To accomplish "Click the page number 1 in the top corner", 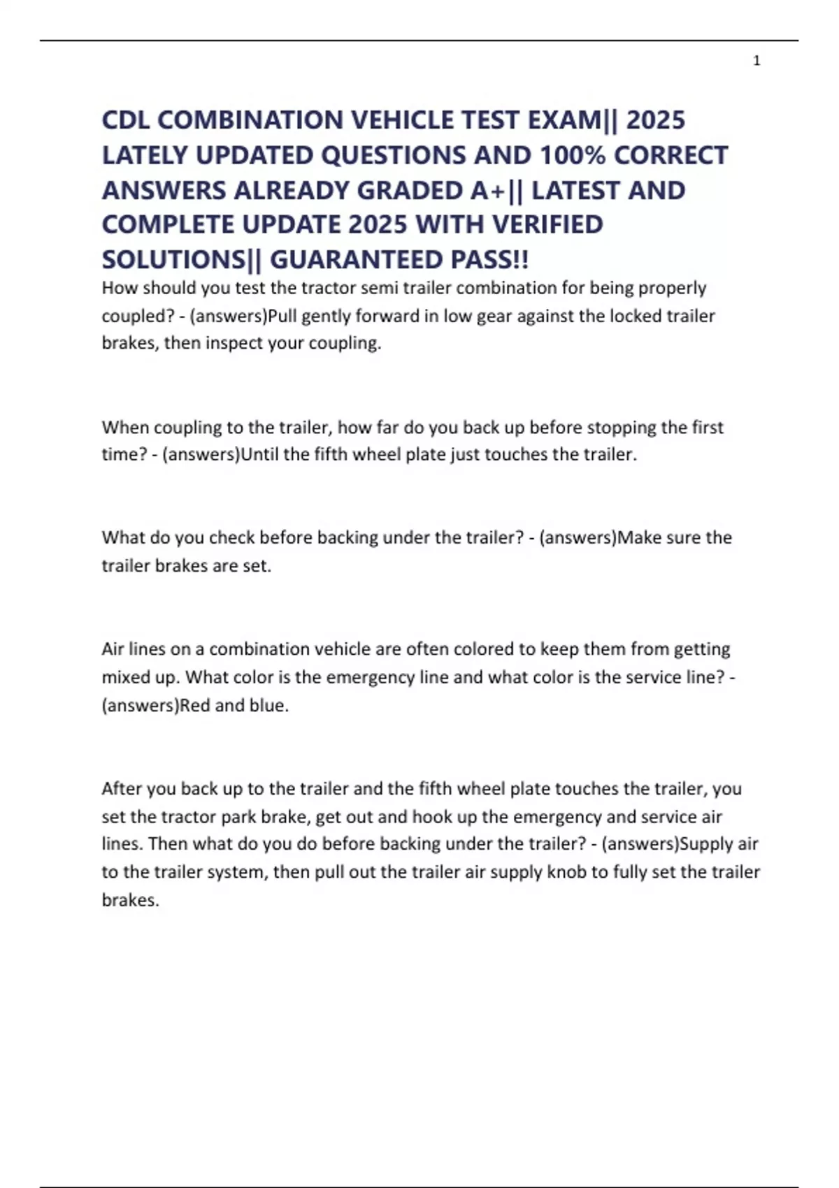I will click(756, 61).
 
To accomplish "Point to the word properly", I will click(674, 288).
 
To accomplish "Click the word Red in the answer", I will click(195, 705).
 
